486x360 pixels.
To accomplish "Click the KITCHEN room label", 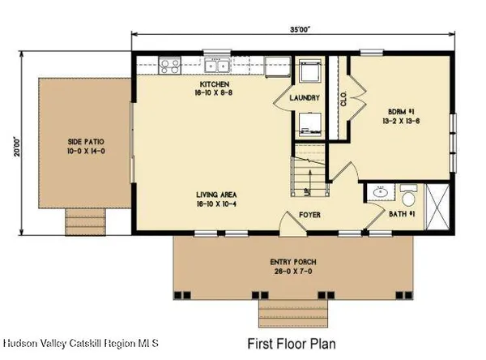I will (x=216, y=84).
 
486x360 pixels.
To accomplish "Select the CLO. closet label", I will (x=344, y=99).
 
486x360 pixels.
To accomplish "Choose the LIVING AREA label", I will (x=216, y=195).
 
